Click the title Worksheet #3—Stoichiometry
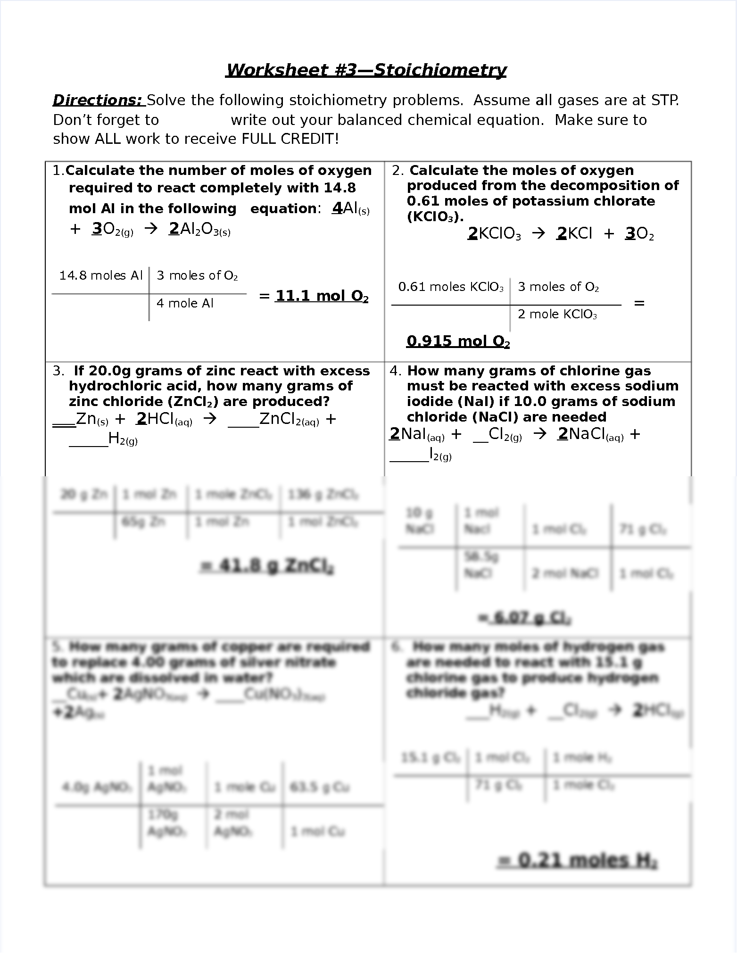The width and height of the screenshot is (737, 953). [x=366, y=70]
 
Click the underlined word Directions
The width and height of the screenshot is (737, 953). [x=97, y=100]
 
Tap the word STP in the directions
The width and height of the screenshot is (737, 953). [x=664, y=100]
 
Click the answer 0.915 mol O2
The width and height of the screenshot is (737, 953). [x=458, y=341]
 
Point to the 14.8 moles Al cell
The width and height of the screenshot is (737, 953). [x=100, y=275]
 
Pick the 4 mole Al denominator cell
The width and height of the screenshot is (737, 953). [x=185, y=303]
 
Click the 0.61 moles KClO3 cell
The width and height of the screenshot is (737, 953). [x=451, y=287]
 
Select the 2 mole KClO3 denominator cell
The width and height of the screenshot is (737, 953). [x=557, y=315]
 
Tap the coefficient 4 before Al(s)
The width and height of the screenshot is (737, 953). [x=337, y=208]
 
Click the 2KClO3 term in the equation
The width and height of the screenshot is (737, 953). [x=494, y=234]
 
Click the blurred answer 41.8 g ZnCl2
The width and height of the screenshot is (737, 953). [x=267, y=566]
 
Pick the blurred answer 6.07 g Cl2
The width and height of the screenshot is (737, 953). [x=525, y=618]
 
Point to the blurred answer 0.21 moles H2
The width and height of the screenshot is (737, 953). [x=578, y=861]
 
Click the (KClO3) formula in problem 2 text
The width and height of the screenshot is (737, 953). [x=435, y=217]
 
